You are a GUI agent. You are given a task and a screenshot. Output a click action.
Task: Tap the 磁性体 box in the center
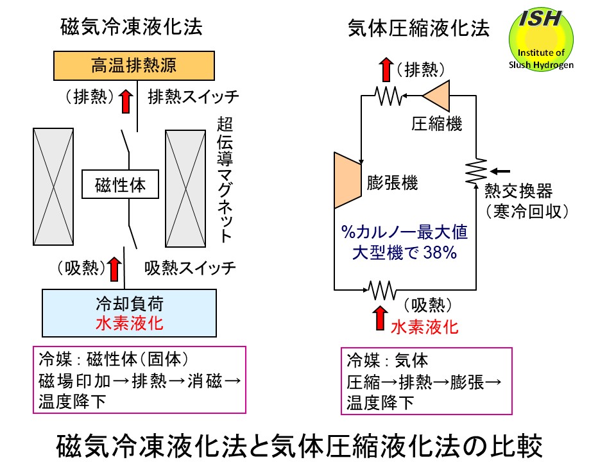click(x=120, y=185)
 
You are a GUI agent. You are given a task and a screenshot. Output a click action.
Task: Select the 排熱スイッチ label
click(x=193, y=98)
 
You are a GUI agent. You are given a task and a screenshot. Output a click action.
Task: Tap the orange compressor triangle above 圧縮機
click(x=437, y=96)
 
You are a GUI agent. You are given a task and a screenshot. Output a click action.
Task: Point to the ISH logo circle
click(x=542, y=38)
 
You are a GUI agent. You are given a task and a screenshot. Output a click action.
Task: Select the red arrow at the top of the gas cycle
click(x=385, y=69)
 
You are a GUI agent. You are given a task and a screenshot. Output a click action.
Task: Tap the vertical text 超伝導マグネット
click(x=225, y=180)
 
